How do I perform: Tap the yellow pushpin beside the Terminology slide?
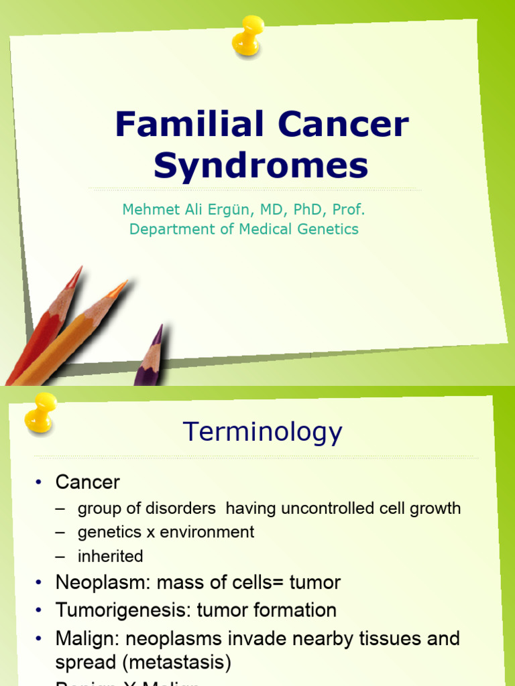click(40, 411)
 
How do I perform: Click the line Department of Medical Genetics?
click(243, 229)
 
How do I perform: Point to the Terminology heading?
click(262, 432)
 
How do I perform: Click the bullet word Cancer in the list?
click(87, 482)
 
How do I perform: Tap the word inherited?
click(110, 556)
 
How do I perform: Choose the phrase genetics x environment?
click(166, 532)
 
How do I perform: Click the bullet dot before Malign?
click(39, 639)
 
